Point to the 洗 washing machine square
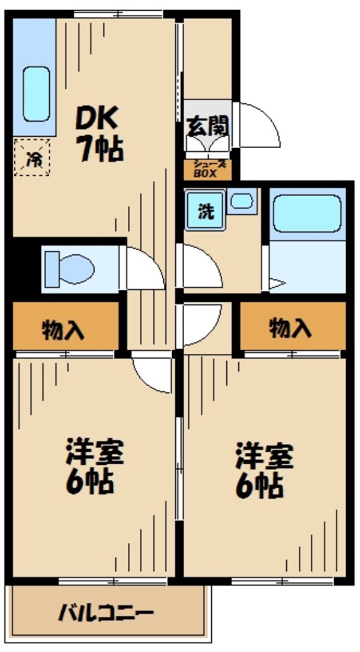[x=206, y=211]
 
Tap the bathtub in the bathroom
[x=308, y=214]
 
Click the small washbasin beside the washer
[x=242, y=201]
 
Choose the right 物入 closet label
[x=291, y=327]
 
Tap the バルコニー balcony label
[x=106, y=613]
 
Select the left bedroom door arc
[x=151, y=375]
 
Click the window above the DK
[x=118, y=13]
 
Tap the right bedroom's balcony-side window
[x=282, y=581]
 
